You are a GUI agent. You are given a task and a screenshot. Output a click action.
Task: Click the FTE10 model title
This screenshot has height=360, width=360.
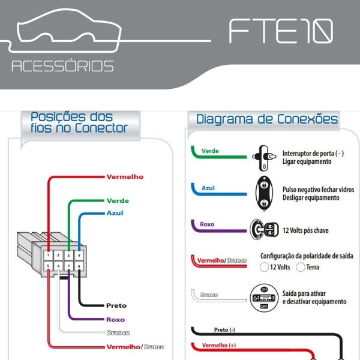point(281,31)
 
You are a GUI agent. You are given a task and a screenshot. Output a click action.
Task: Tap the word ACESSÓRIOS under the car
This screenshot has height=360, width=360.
point(62,66)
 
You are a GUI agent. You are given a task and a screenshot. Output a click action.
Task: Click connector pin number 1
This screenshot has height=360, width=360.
point(48,255)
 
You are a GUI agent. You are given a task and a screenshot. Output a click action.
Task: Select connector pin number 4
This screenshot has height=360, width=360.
point(79,255)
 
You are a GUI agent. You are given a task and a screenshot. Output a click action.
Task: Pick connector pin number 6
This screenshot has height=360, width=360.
point(58,266)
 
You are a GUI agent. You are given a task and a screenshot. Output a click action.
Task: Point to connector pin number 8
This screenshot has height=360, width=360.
point(79,266)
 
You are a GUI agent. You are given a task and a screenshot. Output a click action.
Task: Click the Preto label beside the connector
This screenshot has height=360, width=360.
point(116,305)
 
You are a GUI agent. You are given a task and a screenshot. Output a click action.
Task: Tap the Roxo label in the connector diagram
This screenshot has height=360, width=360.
point(115,320)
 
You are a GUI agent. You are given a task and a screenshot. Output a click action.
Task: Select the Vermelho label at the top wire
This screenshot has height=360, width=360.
point(125,177)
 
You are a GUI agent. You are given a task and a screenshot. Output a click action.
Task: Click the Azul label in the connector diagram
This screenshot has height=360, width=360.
point(115,213)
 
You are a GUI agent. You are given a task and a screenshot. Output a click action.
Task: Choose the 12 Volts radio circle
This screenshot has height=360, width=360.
point(264,267)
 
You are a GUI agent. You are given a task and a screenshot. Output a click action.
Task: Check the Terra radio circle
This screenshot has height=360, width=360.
point(301,267)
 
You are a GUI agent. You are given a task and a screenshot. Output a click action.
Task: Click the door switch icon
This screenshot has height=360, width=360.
point(264,158)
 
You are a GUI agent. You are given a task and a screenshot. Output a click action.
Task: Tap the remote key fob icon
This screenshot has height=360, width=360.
point(264,193)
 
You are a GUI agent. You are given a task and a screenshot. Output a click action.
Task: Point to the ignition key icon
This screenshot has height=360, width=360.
point(264,229)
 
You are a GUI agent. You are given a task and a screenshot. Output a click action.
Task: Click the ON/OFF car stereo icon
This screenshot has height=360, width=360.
point(264,298)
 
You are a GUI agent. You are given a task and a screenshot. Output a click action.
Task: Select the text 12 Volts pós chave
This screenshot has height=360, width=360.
point(305,230)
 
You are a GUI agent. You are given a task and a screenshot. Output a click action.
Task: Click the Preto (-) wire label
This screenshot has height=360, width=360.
point(224,329)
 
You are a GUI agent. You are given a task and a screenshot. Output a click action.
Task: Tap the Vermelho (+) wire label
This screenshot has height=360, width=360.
point(219,345)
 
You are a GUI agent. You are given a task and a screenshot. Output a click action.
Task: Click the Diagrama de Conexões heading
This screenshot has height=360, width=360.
point(267,119)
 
